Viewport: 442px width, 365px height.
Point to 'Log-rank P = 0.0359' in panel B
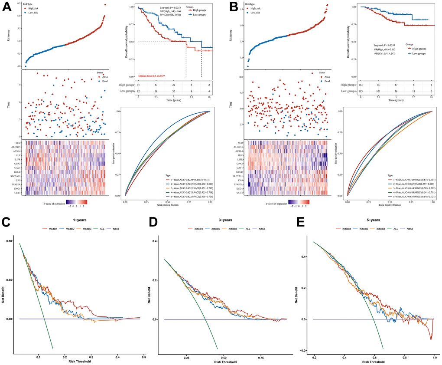click(x=387, y=45)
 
